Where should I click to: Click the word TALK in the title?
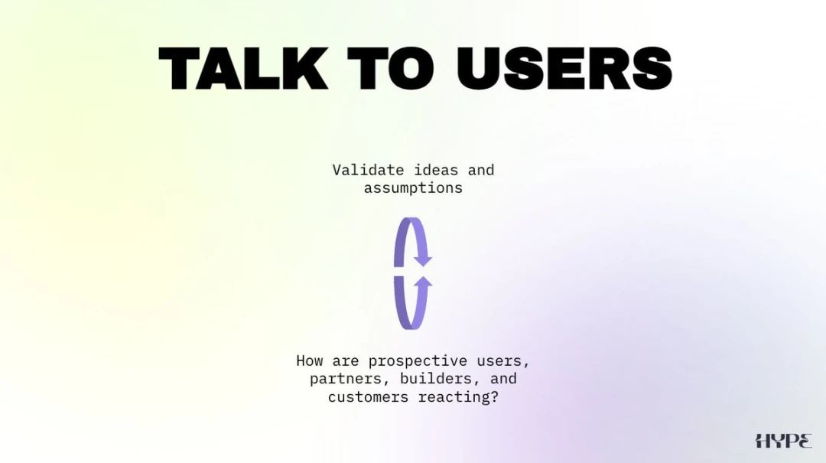tap(243, 68)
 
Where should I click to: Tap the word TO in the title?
tap(390, 68)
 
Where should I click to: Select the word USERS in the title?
tap(564, 68)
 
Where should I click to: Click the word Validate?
tap(368, 170)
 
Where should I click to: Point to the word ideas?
tap(436, 170)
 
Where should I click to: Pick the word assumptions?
tap(413, 188)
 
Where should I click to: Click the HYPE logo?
tap(783, 441)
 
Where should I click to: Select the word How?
tap(309, 360)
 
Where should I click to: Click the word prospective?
tap(418, 361)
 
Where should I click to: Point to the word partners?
tap(348, 379)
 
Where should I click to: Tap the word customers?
tap(368, 397)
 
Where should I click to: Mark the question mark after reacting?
tap(494, 396)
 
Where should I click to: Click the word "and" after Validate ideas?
tap(481, 170)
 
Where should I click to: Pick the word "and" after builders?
tap(503, 379)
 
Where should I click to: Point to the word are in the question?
tap(346, 361)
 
